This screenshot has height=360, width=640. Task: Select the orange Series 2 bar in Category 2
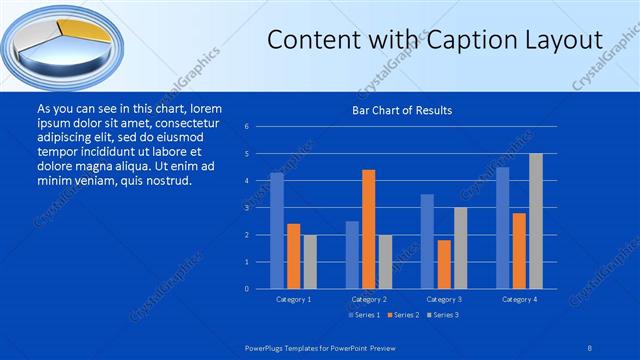tap(368, 229)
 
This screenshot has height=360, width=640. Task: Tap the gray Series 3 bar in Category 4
tap(535, 221)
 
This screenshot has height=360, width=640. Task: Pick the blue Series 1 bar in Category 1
tap(277, 231)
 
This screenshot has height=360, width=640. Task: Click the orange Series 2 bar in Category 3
tap(443, 264)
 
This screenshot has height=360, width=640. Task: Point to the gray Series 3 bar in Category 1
tap(309, 261)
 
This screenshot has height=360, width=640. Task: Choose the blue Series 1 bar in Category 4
tap(502, 228)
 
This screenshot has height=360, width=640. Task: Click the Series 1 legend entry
tap(362, 316)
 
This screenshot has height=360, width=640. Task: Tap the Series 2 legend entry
tap(404, 316)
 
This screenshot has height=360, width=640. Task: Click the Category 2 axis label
tap(368, 299)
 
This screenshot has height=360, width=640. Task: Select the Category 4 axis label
tap(518, 299)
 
